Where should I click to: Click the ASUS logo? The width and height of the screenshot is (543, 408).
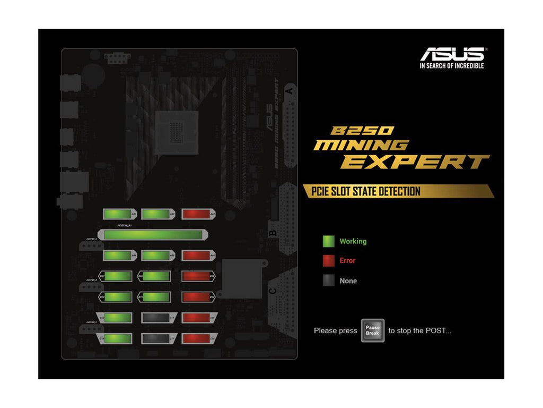pyautogui.click(x=452, y=54)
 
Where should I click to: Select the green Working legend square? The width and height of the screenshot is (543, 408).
pyautogui.click(x=329, y=241)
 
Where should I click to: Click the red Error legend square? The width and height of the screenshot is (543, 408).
pyautogui.click(x=329, y=261)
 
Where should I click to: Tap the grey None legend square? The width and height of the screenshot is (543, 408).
pyautogui.click(x=329, y=280)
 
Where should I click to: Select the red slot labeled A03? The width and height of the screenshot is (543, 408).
pyautogui.click(x=197, y=214)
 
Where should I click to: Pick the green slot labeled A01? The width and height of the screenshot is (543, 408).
pyautogui.click(x=119, y=214)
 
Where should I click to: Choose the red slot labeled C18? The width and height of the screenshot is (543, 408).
pyautogui.click(x=197, y=338)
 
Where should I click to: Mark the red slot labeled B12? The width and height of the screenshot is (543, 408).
pyautogui.click(x=197, y=297)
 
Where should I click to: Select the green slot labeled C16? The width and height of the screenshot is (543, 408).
pyautogui.click(x=117, y=338)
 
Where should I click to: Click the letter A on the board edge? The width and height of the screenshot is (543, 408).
pyautogui.click(x=290, y=91)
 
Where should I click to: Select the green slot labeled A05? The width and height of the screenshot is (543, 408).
pyautogui.click(x=156, y=256)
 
